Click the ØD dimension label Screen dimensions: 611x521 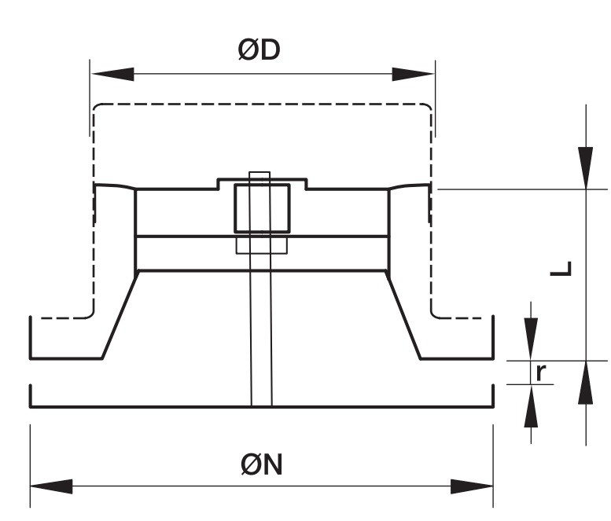pyautogui.click(x=259, y=50)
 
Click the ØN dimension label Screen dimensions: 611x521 pyautogui.click(x=262, y=464)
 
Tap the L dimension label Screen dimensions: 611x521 pyautogui.click(x=561, y=268)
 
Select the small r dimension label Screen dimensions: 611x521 pyautogui.click(x=541, y=372)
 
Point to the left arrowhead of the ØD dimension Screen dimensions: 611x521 pyautogui.click(x=113, y=74)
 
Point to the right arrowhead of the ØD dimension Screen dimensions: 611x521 pyautogui.click(x=413, y=74)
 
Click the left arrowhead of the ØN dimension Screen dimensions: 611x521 pyautogui.click(x=51, y=486)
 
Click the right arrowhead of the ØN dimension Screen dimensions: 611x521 pyautogui.click(x=472, y=486)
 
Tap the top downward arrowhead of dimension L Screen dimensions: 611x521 pyautogui.click(x=586, y=168)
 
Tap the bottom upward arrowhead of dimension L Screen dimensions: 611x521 pyautogui.click(x=586, y=383)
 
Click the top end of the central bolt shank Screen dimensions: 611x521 pyautogui.click(x=259, y=172)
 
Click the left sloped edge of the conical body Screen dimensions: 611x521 pyautogui.click(x=120, y=314)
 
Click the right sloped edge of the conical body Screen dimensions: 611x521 pyautogui.click(x=403, y=314)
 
